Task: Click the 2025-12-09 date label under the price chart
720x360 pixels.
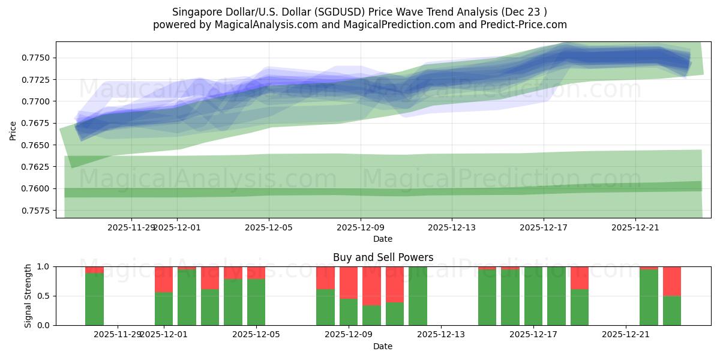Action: coord(360,228)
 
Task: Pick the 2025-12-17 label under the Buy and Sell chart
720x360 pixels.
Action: coord(533,335)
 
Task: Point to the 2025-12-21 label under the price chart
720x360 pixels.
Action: coord(635,228)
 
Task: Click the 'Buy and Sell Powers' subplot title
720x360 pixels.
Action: coord(383,258)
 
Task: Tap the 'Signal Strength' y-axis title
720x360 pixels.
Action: coord(28,296)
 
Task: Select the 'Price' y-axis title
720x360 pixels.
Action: coord(13,130)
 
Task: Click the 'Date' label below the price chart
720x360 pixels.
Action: coord(383,239)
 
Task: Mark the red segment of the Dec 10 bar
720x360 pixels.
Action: coord(395,284)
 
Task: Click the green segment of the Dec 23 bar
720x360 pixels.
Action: coord(672,310)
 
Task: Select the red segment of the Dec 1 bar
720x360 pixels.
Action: coord(164,279)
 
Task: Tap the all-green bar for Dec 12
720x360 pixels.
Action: coord(418,296)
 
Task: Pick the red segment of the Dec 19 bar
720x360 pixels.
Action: coord(580,278)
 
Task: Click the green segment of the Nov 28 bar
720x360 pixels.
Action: coord(94,299)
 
